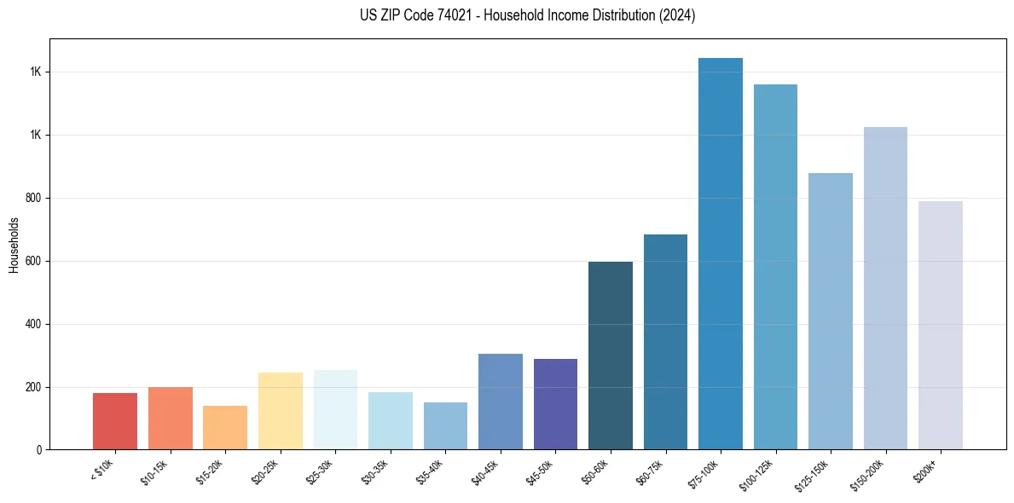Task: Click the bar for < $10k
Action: click(115, 421)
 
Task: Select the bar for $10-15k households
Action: click(170, 418)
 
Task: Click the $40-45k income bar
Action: click(501, 402)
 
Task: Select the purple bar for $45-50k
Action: click(555, 404)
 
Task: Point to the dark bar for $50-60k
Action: click(611, 356)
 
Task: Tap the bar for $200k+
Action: click(941, 325)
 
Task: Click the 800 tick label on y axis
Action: click(33, 199)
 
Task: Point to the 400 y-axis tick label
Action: click(33, 325)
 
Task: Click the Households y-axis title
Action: click(14, 245)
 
